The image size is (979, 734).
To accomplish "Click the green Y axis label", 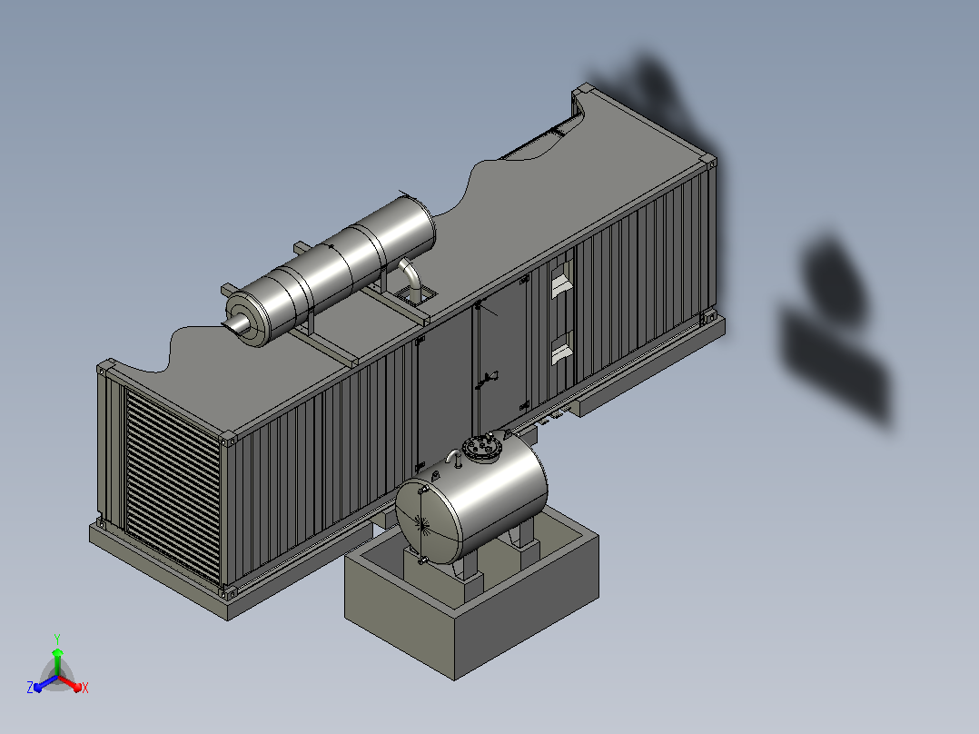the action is click(x=57, y=639).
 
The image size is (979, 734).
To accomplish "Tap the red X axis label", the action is click(x=85, y=688).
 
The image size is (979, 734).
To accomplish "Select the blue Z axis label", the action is click(x=29, y=688).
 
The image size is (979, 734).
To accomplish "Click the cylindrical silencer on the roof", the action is click(x=331, y=270).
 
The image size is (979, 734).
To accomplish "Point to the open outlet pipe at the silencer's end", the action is click(x=236, y=323).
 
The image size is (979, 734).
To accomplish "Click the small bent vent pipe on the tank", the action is click(x=453, y=457).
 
